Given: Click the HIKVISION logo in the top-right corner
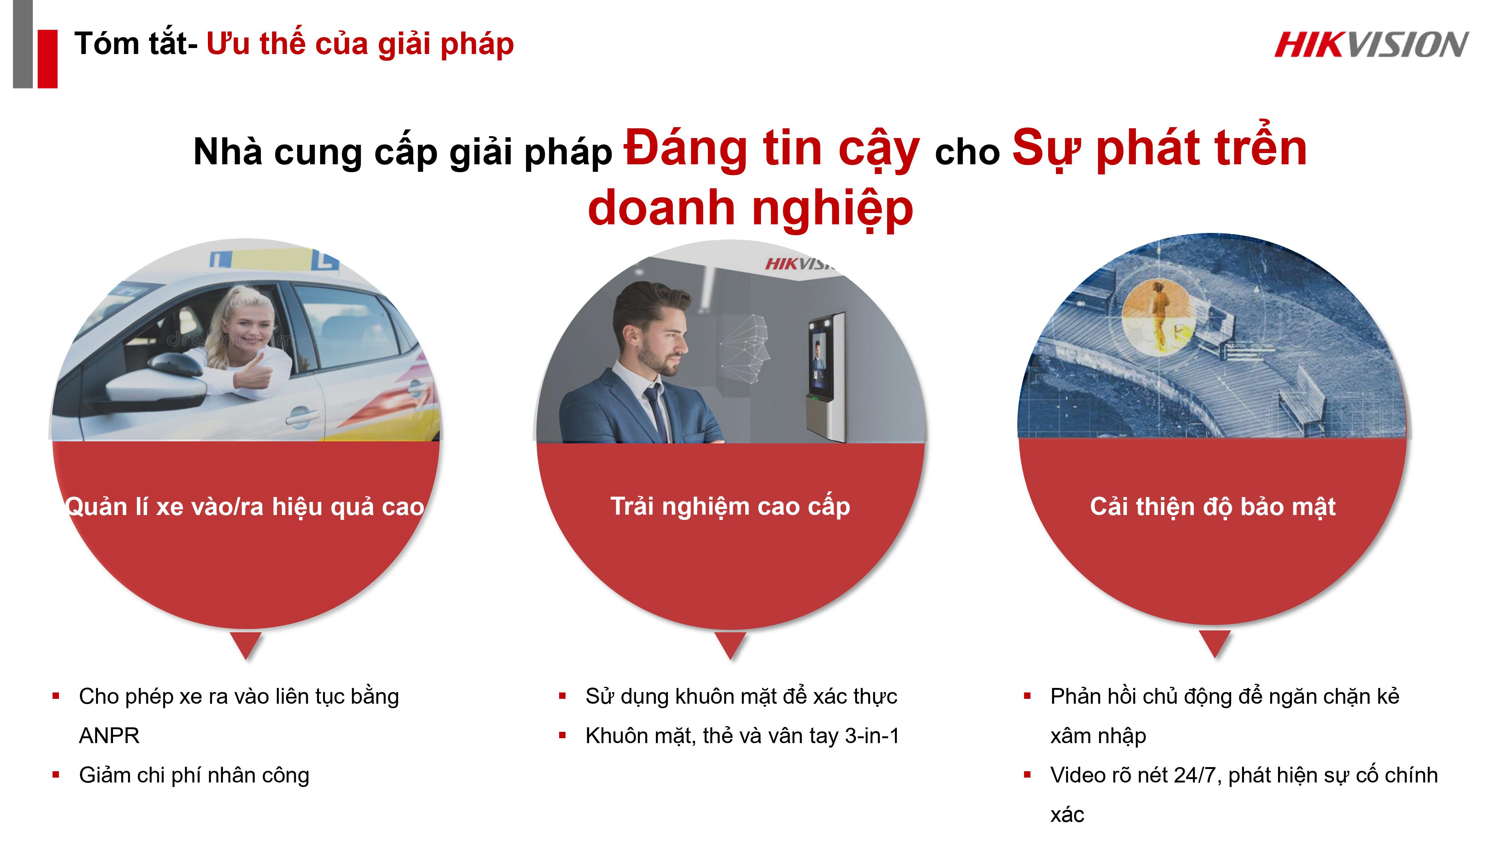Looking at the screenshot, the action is [1371, 45].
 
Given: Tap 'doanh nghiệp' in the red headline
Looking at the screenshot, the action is [750, 209].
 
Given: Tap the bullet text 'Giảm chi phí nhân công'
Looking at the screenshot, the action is [194, 775].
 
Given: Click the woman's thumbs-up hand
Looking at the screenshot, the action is [255, 371].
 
